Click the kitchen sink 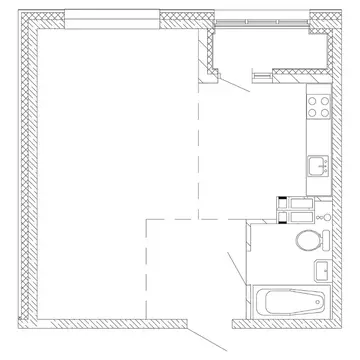(319, 167)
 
